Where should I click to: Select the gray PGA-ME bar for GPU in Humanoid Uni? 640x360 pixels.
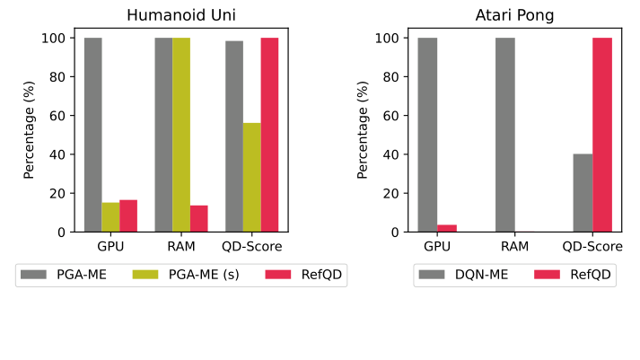[x=92, y=135]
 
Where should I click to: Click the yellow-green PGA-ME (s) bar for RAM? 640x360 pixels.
[x=181, y=135]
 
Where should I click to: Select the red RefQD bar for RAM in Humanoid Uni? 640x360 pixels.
[x=198, y=219]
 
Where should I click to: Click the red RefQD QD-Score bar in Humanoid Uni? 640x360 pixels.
[x=269, y=135]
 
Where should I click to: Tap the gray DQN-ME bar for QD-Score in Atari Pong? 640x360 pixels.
[x=583, y=193]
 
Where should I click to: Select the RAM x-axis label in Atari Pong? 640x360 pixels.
[x=515, y=245]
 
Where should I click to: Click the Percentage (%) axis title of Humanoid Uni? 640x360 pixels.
[x=29, y=129]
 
